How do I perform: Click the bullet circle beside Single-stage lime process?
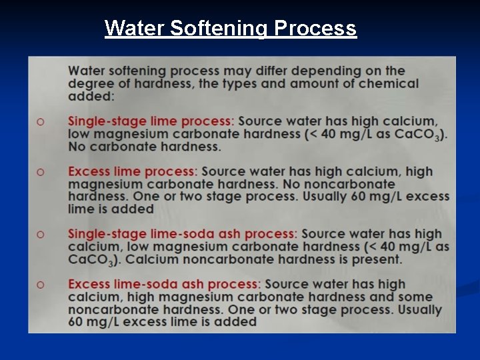(x=41, y=122)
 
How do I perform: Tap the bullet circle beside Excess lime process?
(x=41, y=172)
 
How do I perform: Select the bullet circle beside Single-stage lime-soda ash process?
(x=41, y=235)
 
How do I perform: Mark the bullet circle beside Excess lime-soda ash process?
(x=41, y=285)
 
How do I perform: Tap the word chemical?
(x=389, y=83)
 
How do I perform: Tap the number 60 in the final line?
(x=77, y=321)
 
